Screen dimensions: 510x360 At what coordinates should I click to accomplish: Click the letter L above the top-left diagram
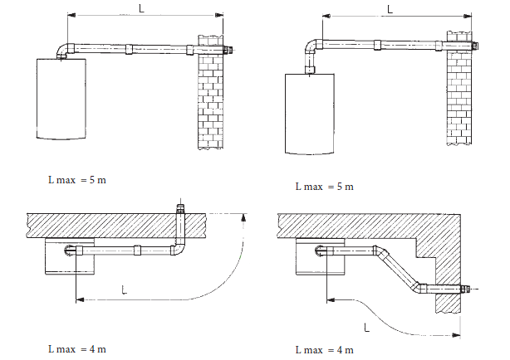pyautogui.click(x=141, y=8)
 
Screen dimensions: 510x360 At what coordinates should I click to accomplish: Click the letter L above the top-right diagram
pyautogui.click(x=390, y=9)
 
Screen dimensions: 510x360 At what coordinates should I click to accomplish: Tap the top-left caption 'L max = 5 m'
pyautogui.click(x=77, y=180)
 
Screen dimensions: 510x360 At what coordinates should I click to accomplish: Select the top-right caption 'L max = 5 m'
pyautogui.click(x=324, y=187)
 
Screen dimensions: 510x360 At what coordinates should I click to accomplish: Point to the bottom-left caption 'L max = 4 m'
pyautogui.click(x=77, y=349)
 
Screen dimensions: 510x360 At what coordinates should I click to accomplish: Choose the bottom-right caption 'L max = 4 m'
pyautogui.click(x=324, y=350)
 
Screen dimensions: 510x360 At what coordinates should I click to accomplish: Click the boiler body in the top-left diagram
pyautogui.click(x=61, y=99)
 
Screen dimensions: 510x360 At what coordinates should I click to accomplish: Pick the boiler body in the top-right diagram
pyautogui.click(x=310, y=114)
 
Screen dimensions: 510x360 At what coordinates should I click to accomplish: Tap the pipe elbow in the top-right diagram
pyautogui.click(x=312, y=46)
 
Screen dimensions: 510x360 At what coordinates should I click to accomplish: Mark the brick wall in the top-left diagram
pyautogui.click(x=211, y=92)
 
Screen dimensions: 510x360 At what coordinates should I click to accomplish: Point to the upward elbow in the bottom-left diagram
pyautogui.click(x=178, y=250)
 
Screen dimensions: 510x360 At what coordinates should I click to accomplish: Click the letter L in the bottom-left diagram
pyautogui.click(x=124, y=289)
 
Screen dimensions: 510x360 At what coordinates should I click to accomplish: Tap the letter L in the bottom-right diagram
pyautogui.click(x=366, y=328)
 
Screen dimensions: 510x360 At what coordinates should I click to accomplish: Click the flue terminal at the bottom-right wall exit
pyautogui.click(x=464, y=289)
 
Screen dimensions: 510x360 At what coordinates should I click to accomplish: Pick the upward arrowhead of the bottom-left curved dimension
pyautogui.click(x=243, y=217)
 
